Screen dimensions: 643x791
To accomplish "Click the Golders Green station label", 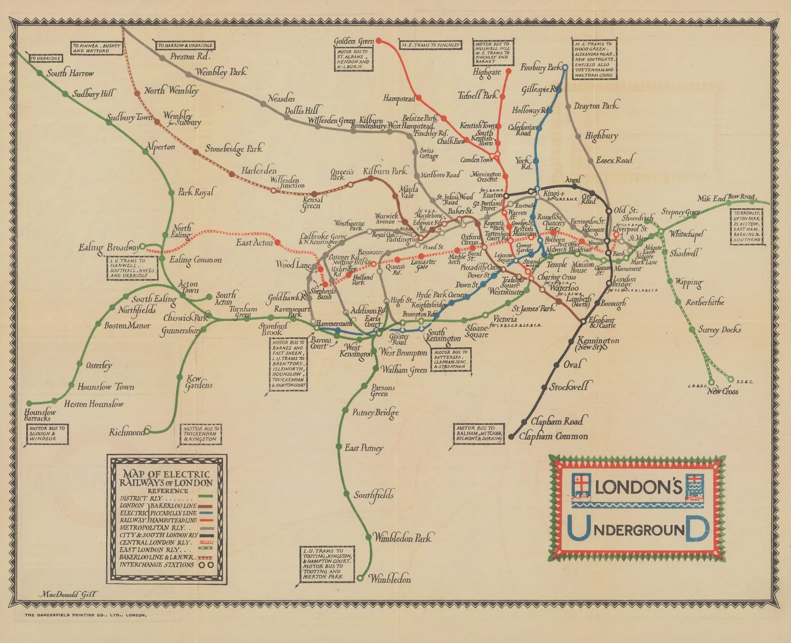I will point(353,42).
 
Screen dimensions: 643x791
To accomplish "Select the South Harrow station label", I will point(70,73).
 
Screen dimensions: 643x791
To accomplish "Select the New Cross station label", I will point(722,391).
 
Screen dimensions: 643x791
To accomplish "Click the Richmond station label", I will point(127,432).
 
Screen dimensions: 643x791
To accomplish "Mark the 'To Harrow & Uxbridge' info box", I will point(185,46).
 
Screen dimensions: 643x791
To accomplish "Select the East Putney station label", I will point(364,448).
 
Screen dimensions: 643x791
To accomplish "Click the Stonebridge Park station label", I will point(234,148).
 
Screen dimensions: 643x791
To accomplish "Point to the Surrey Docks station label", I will point(719,330).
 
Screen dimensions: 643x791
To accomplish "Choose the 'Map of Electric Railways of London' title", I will point(167,478).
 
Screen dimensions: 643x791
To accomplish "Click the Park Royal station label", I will point(196,192).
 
